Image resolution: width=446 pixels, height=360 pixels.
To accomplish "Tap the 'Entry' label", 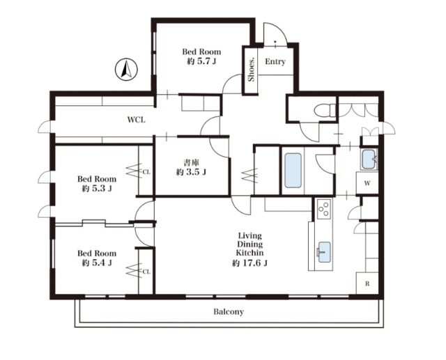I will coord(275,62).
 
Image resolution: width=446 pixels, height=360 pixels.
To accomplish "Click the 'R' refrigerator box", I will coord(367,283).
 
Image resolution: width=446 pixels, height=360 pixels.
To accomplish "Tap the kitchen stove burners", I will coord(323,208).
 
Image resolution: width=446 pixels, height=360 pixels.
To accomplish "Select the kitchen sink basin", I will coord(323,247).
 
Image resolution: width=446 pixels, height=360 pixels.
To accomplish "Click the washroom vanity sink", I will coord(369,161).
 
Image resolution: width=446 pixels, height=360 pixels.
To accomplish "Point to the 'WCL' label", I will coord(136,120).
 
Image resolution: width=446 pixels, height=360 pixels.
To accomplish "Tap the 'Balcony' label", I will coord(229,312).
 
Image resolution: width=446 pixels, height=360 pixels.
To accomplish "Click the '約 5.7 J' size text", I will coord(201,62).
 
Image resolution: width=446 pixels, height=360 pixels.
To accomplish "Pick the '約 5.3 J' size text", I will coord(96,188).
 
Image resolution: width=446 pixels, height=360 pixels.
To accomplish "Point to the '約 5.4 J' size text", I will coord(96,263).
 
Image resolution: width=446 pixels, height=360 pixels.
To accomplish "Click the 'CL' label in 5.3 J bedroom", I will coord(146,171).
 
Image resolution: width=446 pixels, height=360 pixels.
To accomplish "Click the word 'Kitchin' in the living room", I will coord(249,253).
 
